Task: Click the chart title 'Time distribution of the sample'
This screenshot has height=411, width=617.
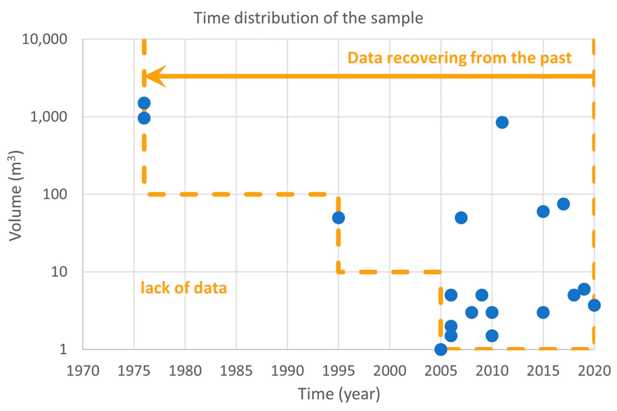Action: [308, 18]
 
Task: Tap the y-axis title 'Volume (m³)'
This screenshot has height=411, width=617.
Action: [15, 195]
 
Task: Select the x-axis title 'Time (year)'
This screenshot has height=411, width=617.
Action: [339, 394]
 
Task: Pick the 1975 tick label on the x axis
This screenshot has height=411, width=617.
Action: [134, 371]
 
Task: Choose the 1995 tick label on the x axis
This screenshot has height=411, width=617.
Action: [338, 371]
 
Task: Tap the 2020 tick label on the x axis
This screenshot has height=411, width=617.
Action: [594, 371]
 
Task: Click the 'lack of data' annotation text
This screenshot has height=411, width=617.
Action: [183, 288]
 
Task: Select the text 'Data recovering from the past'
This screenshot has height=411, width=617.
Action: [459, 58]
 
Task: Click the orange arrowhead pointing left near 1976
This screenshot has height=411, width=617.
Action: [156, 76]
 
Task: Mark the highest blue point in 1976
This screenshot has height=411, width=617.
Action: [144, 103]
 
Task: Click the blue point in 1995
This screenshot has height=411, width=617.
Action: [339, 218]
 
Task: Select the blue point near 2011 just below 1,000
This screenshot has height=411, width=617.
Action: [502, 122]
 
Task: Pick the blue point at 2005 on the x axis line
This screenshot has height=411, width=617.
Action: [441, 349]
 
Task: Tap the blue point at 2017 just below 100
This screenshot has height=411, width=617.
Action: [563, 204]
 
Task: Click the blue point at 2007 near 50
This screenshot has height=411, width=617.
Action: [461, 218]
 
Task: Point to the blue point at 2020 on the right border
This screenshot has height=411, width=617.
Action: [594, 306]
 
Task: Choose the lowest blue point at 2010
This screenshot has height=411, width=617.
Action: [492, 336]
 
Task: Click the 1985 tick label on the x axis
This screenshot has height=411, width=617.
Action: [236, 371]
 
